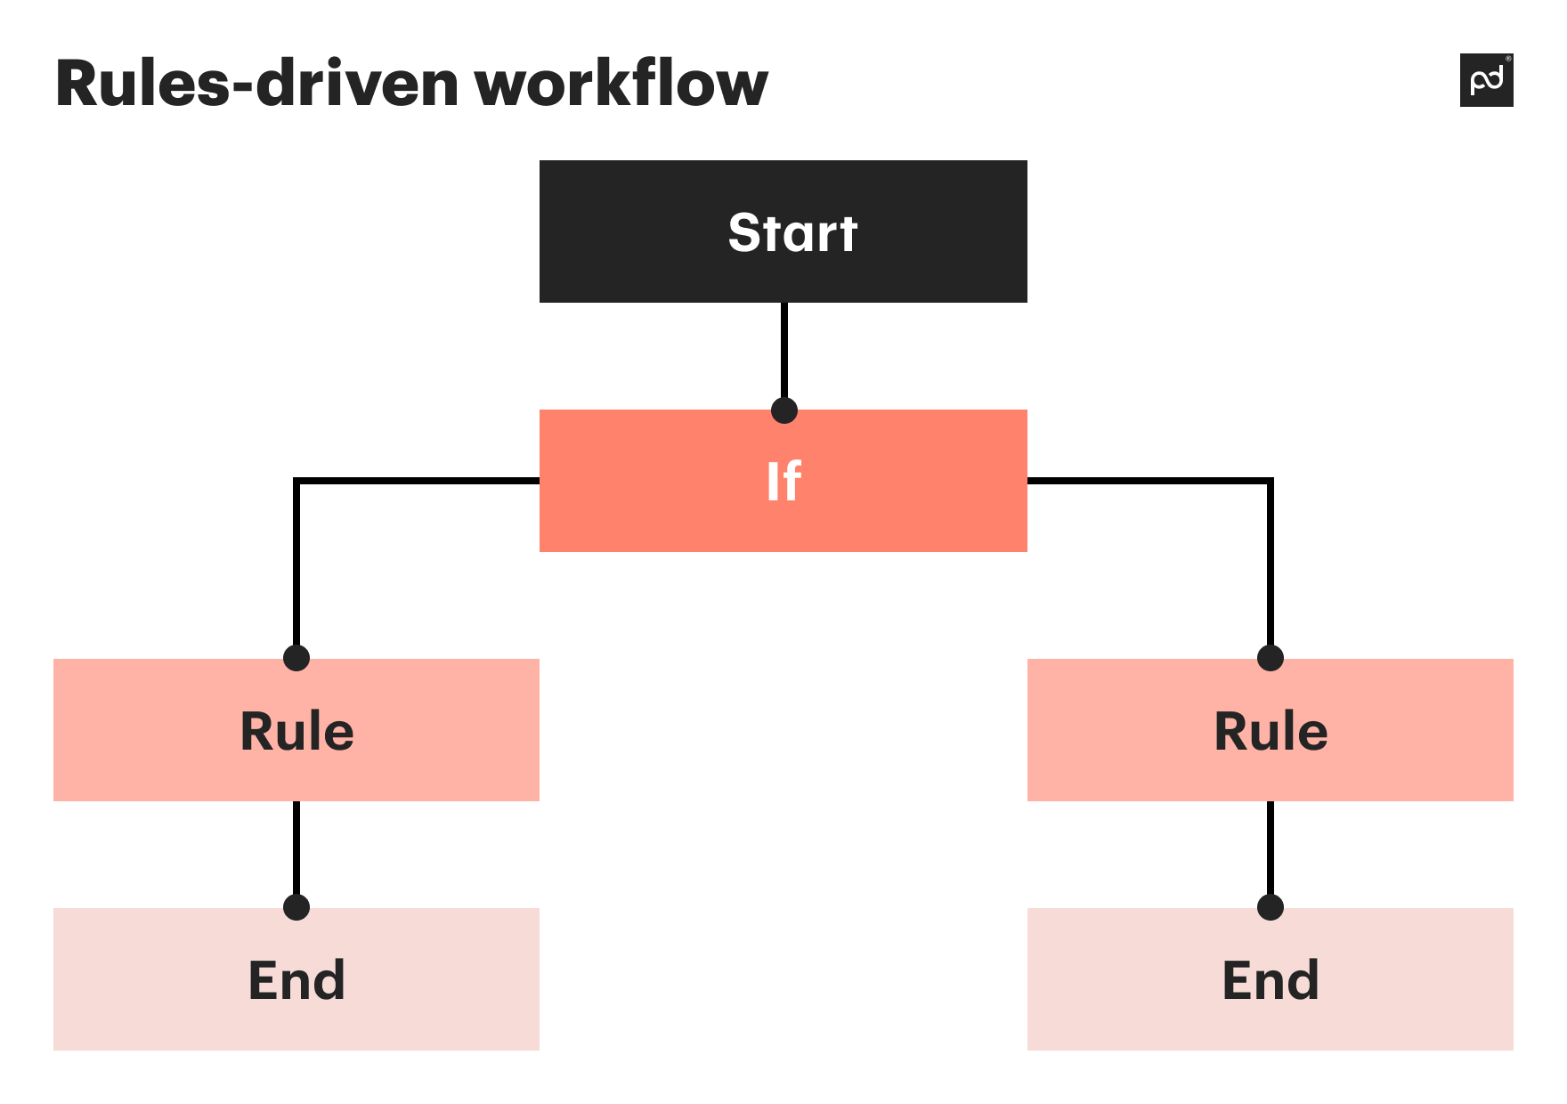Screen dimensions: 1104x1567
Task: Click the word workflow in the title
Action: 621,84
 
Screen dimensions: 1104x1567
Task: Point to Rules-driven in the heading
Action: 256,84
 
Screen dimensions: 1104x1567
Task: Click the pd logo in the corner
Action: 1486,80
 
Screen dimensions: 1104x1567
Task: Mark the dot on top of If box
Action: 783,410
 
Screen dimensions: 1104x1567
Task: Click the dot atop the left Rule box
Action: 296,658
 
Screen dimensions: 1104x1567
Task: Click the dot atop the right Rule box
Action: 1271,658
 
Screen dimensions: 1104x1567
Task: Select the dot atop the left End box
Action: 296,907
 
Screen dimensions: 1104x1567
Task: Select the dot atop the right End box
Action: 1271,907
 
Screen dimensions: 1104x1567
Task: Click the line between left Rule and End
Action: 296,846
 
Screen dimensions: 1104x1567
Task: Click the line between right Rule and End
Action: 1271,846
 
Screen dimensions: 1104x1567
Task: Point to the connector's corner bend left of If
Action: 297,482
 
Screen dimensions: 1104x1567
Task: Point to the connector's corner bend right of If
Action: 1270,482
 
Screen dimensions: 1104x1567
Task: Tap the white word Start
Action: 792,233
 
